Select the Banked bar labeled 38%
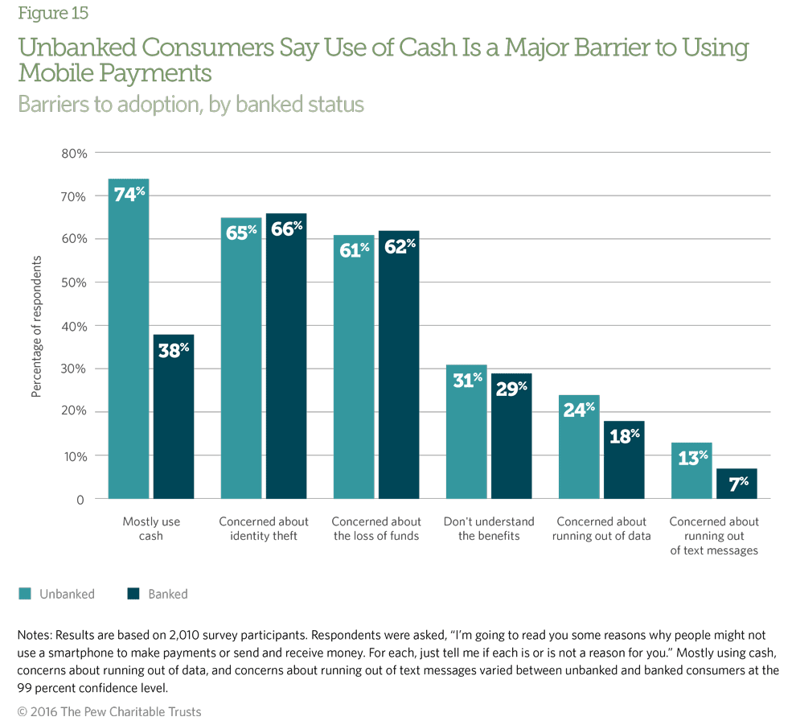pos(174,418)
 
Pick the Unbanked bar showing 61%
pos(354,370)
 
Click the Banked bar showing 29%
pos(511,439)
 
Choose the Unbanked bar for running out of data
pos(579,451)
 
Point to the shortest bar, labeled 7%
pos(737,484)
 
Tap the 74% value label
pos(129,193)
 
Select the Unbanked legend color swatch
pos(24,594)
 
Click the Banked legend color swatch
pos(133,594)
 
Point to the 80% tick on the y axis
pos(73,153)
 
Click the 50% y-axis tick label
pos(73,282)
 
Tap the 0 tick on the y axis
pos(80,499)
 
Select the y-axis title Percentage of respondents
pos(36,326)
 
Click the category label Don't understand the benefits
pos(489,529)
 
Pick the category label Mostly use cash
pos(151,529)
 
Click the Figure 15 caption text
pos(53,14)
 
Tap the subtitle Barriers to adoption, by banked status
pos(191,105)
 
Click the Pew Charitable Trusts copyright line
pos(109,711)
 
